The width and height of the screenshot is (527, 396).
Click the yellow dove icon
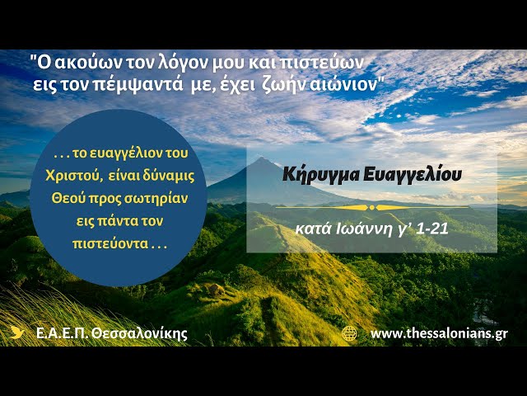17,333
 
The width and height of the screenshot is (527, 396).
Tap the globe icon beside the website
350,333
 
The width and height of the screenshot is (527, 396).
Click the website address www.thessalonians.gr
439,333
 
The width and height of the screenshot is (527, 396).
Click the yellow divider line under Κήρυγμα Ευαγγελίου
372,207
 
